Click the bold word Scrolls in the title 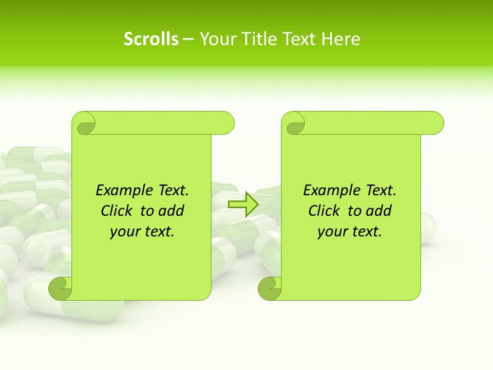[151, 39]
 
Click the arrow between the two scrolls [243, 204]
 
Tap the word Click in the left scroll [117, 211]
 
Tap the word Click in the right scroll [324, 211]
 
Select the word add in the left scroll [172, 211]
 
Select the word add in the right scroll [380, 211]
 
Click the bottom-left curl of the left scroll [60, 288]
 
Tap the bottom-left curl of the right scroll [270, 288]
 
